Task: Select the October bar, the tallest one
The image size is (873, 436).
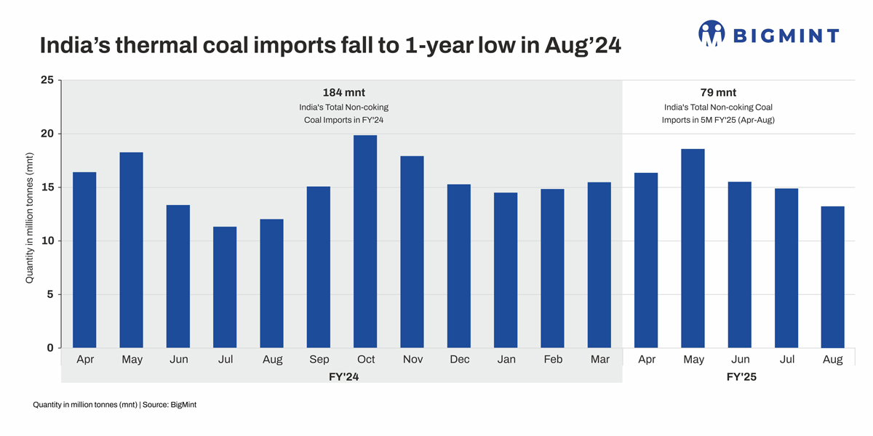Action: point(365,242)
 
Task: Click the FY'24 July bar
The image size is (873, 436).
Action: point(225,287)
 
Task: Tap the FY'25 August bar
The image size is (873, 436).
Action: point(832,277)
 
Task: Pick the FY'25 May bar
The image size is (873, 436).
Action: point(693,249)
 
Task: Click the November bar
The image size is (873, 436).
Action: point(412,252)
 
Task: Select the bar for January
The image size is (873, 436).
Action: point(506,270)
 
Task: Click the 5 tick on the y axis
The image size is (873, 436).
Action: point(50,294)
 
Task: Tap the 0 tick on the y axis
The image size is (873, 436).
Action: point(50,348)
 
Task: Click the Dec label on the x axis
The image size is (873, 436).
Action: point(459,360)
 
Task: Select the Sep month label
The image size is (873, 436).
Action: point(319,360)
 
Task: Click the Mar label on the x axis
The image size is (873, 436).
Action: point(599,360)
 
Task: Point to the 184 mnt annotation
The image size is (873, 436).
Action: point(343,93)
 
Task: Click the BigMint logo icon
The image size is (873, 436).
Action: point(711,33)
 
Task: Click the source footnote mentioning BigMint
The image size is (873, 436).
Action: point(114,405)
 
